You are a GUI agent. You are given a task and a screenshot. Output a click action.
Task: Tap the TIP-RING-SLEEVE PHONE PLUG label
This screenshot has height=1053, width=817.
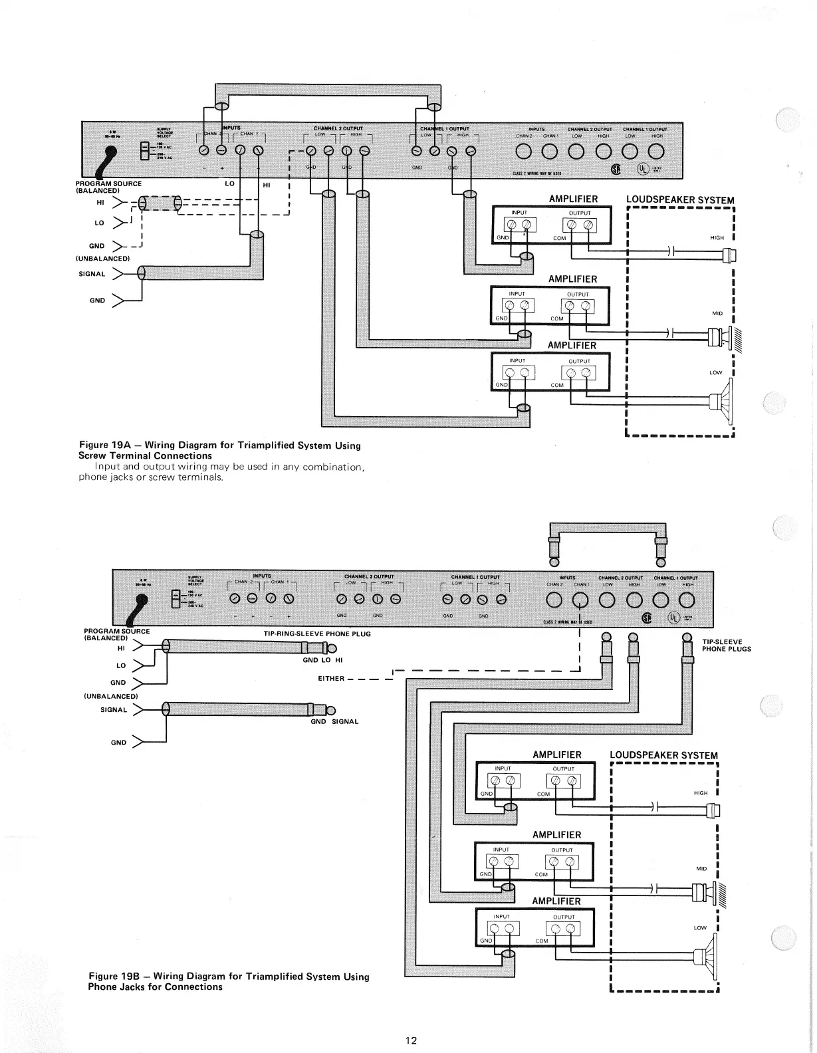click(317, 634)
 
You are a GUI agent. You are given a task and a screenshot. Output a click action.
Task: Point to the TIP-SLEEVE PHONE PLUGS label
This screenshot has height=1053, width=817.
click(726, 645)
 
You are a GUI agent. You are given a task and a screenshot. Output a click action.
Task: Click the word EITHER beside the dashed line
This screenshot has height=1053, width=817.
click(332, 679)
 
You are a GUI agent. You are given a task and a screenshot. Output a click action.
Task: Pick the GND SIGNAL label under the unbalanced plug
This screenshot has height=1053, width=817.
click(334, 721)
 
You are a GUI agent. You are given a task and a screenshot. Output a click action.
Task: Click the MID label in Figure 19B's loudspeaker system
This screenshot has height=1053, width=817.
click(701, 869)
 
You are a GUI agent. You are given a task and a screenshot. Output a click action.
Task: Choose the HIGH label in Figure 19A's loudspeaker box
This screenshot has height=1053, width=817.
click(717, 237)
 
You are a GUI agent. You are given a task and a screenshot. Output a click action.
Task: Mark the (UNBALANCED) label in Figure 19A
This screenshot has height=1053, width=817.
click(104, 258)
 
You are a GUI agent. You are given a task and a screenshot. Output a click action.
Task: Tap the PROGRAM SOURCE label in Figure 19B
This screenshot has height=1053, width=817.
click(117, 631)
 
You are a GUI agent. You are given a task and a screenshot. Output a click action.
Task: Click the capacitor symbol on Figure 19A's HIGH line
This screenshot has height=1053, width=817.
click(671, 253)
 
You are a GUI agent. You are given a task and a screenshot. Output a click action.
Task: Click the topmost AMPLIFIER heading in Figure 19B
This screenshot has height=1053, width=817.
click(556, 755)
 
